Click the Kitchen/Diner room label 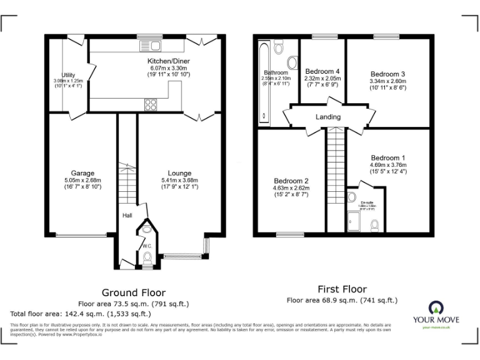click(168, 61)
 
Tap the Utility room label click(68, 75)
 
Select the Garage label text click(82, 173)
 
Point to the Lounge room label click(179, 173)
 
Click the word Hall click(127, 216)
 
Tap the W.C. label click(147, 246)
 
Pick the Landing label click(328, 117)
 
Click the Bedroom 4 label click(322, 72)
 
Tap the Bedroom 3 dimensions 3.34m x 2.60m click(388, 81)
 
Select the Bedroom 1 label click(388, 157)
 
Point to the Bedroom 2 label click(290, 181)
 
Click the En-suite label click(367, 202)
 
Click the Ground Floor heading click(134, 292)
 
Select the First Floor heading click(342, 289)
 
